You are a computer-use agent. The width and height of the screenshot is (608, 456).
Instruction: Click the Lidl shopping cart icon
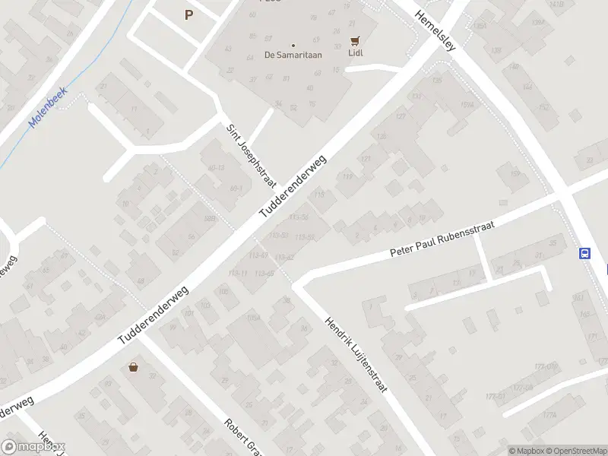(x=354, y=41)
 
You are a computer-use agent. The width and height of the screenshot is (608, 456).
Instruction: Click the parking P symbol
(x=188, y=14)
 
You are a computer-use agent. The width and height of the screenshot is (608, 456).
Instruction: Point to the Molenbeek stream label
(x=48, y=106)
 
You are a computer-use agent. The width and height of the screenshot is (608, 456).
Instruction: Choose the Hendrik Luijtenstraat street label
(x=356, y=354)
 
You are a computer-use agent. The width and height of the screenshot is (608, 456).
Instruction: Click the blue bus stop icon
(x=585, y=254)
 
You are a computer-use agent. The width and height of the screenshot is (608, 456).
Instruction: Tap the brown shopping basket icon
(x=135, y=367)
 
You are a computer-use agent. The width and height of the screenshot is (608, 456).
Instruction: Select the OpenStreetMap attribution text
(x=575, y=450)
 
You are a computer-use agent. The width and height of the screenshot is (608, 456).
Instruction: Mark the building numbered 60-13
(x=216, y=167)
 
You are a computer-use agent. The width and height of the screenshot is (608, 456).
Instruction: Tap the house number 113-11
(x=238, y=273)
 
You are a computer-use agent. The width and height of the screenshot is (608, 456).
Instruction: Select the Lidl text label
(x=355, y=54)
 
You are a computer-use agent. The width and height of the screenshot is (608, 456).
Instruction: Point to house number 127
(x=366, y=159)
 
